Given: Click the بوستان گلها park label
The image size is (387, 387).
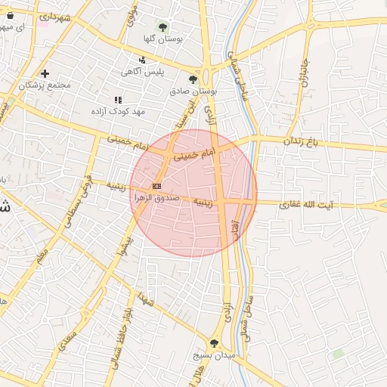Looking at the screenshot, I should tap(163, 37).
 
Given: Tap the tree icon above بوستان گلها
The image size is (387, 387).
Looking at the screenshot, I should tap(163, 26).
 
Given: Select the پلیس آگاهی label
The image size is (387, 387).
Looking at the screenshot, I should tap(142, 72).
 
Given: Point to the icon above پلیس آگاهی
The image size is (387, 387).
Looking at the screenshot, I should tap(142, 60).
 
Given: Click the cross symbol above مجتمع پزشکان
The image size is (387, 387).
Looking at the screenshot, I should tap(45, 74).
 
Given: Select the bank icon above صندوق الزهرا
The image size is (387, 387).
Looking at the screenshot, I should tap(156, 186).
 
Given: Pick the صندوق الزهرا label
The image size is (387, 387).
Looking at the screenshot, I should tap(155, 197).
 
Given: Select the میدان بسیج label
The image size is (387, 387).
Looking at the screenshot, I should tap(215, 354).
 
